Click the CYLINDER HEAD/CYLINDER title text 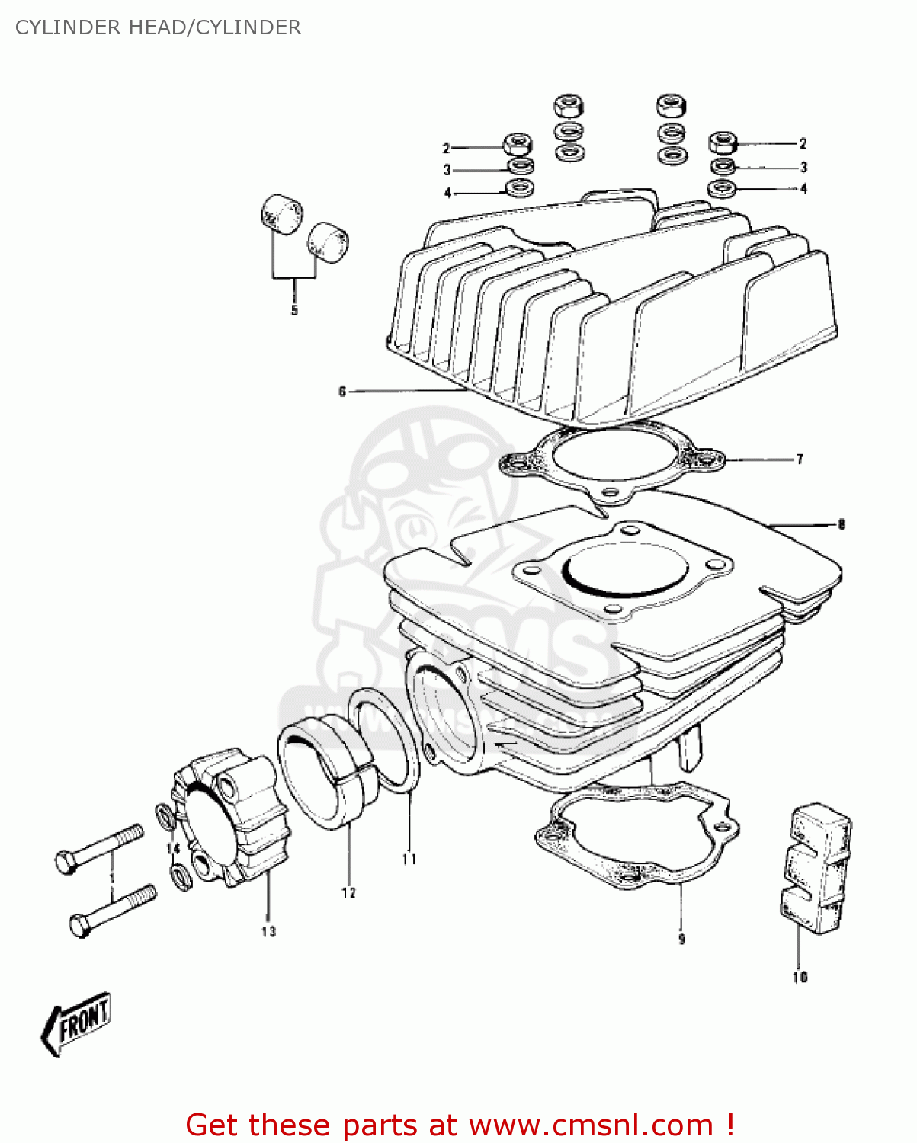pyautogui.click(x=158, y=27)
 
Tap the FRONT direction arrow pyautogui.click(x=77, y=1023)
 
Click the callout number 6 pyautogui.click(x=342, y=392)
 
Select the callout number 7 pyautogui.click(x=800, y=459)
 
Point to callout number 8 pyautogui.click(x=841, y=524)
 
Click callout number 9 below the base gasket pyautogui.click(x=681, y=940)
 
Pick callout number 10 pyautogui.click(x=800, y=978)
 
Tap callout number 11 pyautogui.click(x=409, y=860)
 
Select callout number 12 pyautogui.click(x=348, y=893)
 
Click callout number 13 pyautogui.click(x=268, y=931)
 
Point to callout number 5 pyautogui.click(x=294, y=311)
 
